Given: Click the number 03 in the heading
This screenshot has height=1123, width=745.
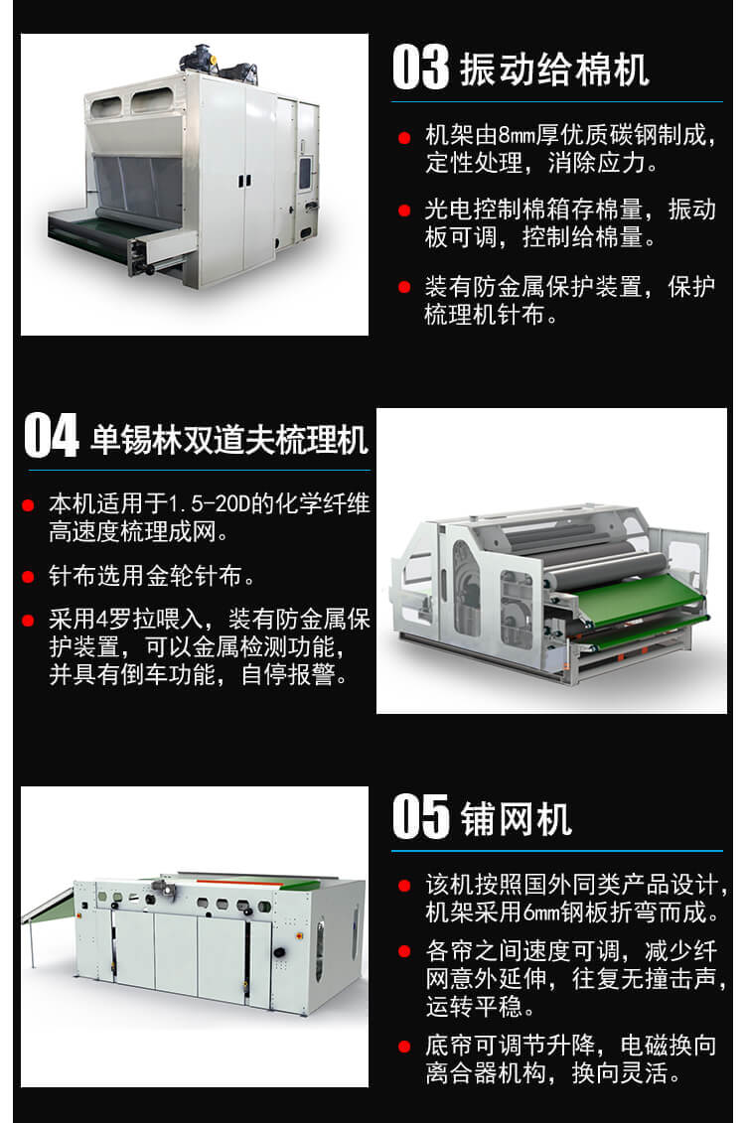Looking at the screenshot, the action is (420, 68).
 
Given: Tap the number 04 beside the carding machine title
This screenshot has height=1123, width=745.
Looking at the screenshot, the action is (52, 435).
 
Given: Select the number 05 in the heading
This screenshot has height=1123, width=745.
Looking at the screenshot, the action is (420, 816).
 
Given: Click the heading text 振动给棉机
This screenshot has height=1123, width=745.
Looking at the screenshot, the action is (554, 70).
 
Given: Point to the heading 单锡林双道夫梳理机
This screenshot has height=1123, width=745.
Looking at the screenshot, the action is (229, 439).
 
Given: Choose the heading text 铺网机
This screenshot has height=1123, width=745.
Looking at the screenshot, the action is (517, 818).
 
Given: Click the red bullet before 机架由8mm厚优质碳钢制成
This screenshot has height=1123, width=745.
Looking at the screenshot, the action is (404, 137).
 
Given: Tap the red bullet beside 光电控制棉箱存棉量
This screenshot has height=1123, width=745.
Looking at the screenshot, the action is (404, 211).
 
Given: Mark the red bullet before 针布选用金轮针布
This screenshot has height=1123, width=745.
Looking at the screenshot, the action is (29, 577).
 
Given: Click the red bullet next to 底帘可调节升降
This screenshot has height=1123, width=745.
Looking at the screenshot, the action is (404, 1048).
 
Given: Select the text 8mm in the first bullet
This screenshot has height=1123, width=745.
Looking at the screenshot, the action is (517, 135).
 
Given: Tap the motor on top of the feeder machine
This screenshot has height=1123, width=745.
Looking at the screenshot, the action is (218, 64).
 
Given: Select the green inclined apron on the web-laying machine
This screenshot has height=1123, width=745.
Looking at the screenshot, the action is (49, 906).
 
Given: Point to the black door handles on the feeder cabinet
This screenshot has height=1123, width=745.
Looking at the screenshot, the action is (244, 180).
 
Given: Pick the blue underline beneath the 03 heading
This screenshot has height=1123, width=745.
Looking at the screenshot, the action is (556, 102).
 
